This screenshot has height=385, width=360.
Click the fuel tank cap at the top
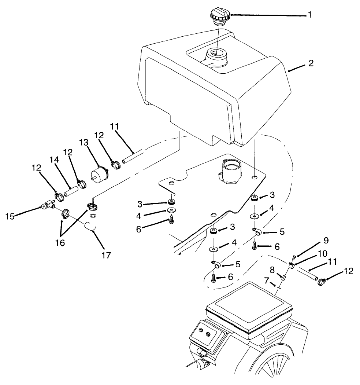click(219, 17)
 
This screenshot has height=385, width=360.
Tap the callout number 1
click(310, 15)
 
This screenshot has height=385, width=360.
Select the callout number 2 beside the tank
click(311, 63)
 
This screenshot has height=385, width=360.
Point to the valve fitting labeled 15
click(48, 206)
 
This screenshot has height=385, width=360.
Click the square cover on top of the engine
click(249, 306)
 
